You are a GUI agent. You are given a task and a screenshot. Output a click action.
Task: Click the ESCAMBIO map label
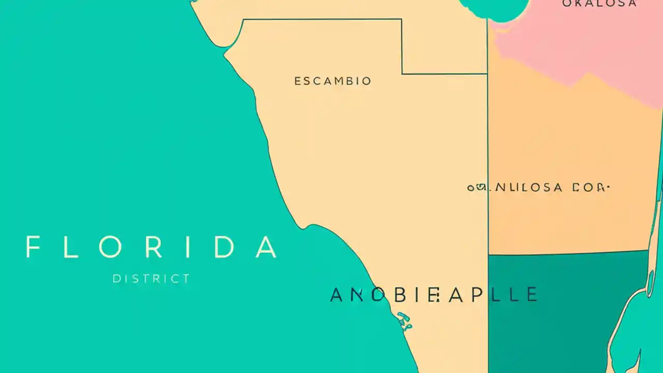[333, 81]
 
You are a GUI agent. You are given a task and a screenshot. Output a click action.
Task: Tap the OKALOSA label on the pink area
[599, 4]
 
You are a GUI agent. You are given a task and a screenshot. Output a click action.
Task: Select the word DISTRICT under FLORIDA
[151, 279]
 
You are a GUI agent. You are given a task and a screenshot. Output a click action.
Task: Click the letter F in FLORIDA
[33, 247]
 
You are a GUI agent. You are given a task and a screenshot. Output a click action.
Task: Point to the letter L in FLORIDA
[71, 247]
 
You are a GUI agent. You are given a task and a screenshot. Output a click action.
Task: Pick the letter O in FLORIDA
[110, 247]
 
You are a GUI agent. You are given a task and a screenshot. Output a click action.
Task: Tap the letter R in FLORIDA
[154, 247]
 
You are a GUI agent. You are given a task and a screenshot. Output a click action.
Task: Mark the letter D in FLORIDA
[225, 247]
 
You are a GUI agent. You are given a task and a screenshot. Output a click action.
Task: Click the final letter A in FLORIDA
[266, 247]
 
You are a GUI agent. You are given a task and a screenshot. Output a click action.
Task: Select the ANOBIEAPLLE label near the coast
[434, 295]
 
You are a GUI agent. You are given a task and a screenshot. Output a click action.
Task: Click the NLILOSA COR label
[539, 188]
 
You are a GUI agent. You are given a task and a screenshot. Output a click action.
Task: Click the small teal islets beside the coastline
[404, 321]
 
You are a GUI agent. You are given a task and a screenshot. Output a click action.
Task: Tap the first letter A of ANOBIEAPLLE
[337, 295]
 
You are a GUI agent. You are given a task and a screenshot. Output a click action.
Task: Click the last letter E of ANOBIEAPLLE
[531, 295]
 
